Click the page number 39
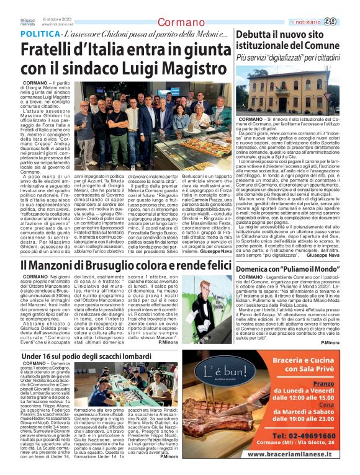(x=348, y=22)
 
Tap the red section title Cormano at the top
(x=180, y=23)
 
